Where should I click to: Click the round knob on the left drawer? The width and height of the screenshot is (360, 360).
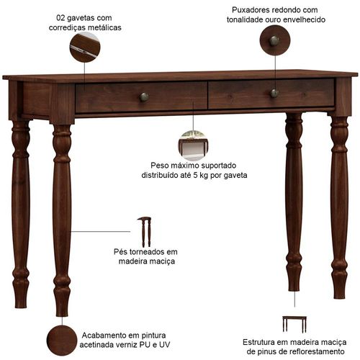pyautogui.click(x=144, y=97)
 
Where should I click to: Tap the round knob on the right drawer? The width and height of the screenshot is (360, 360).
pyautogui.click(x=274, y=93)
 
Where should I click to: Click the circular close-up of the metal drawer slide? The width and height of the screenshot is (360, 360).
pyautogui.click(x=85, y=47)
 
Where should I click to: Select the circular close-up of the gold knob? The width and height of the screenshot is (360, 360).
pyautogui.click(x=275, y=40)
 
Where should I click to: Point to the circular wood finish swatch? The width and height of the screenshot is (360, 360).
pyautogui.click(x=62, y=341)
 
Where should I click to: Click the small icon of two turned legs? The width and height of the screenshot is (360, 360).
pyautogui.click(x=145, y=232)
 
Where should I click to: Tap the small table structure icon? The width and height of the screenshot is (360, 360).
pyautogui.click(x=294, y=324)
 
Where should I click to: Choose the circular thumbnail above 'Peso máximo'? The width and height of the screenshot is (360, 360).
pyautogui.click(x=193, y=145)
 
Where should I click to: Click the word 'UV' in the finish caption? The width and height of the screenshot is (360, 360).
pyautogui.click(x=165, y=345)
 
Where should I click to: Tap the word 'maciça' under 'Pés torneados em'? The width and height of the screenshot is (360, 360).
pyautogui.click(x=162, y=261)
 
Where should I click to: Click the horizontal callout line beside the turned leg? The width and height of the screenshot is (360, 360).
pyautogui.click(x=101, y=232)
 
